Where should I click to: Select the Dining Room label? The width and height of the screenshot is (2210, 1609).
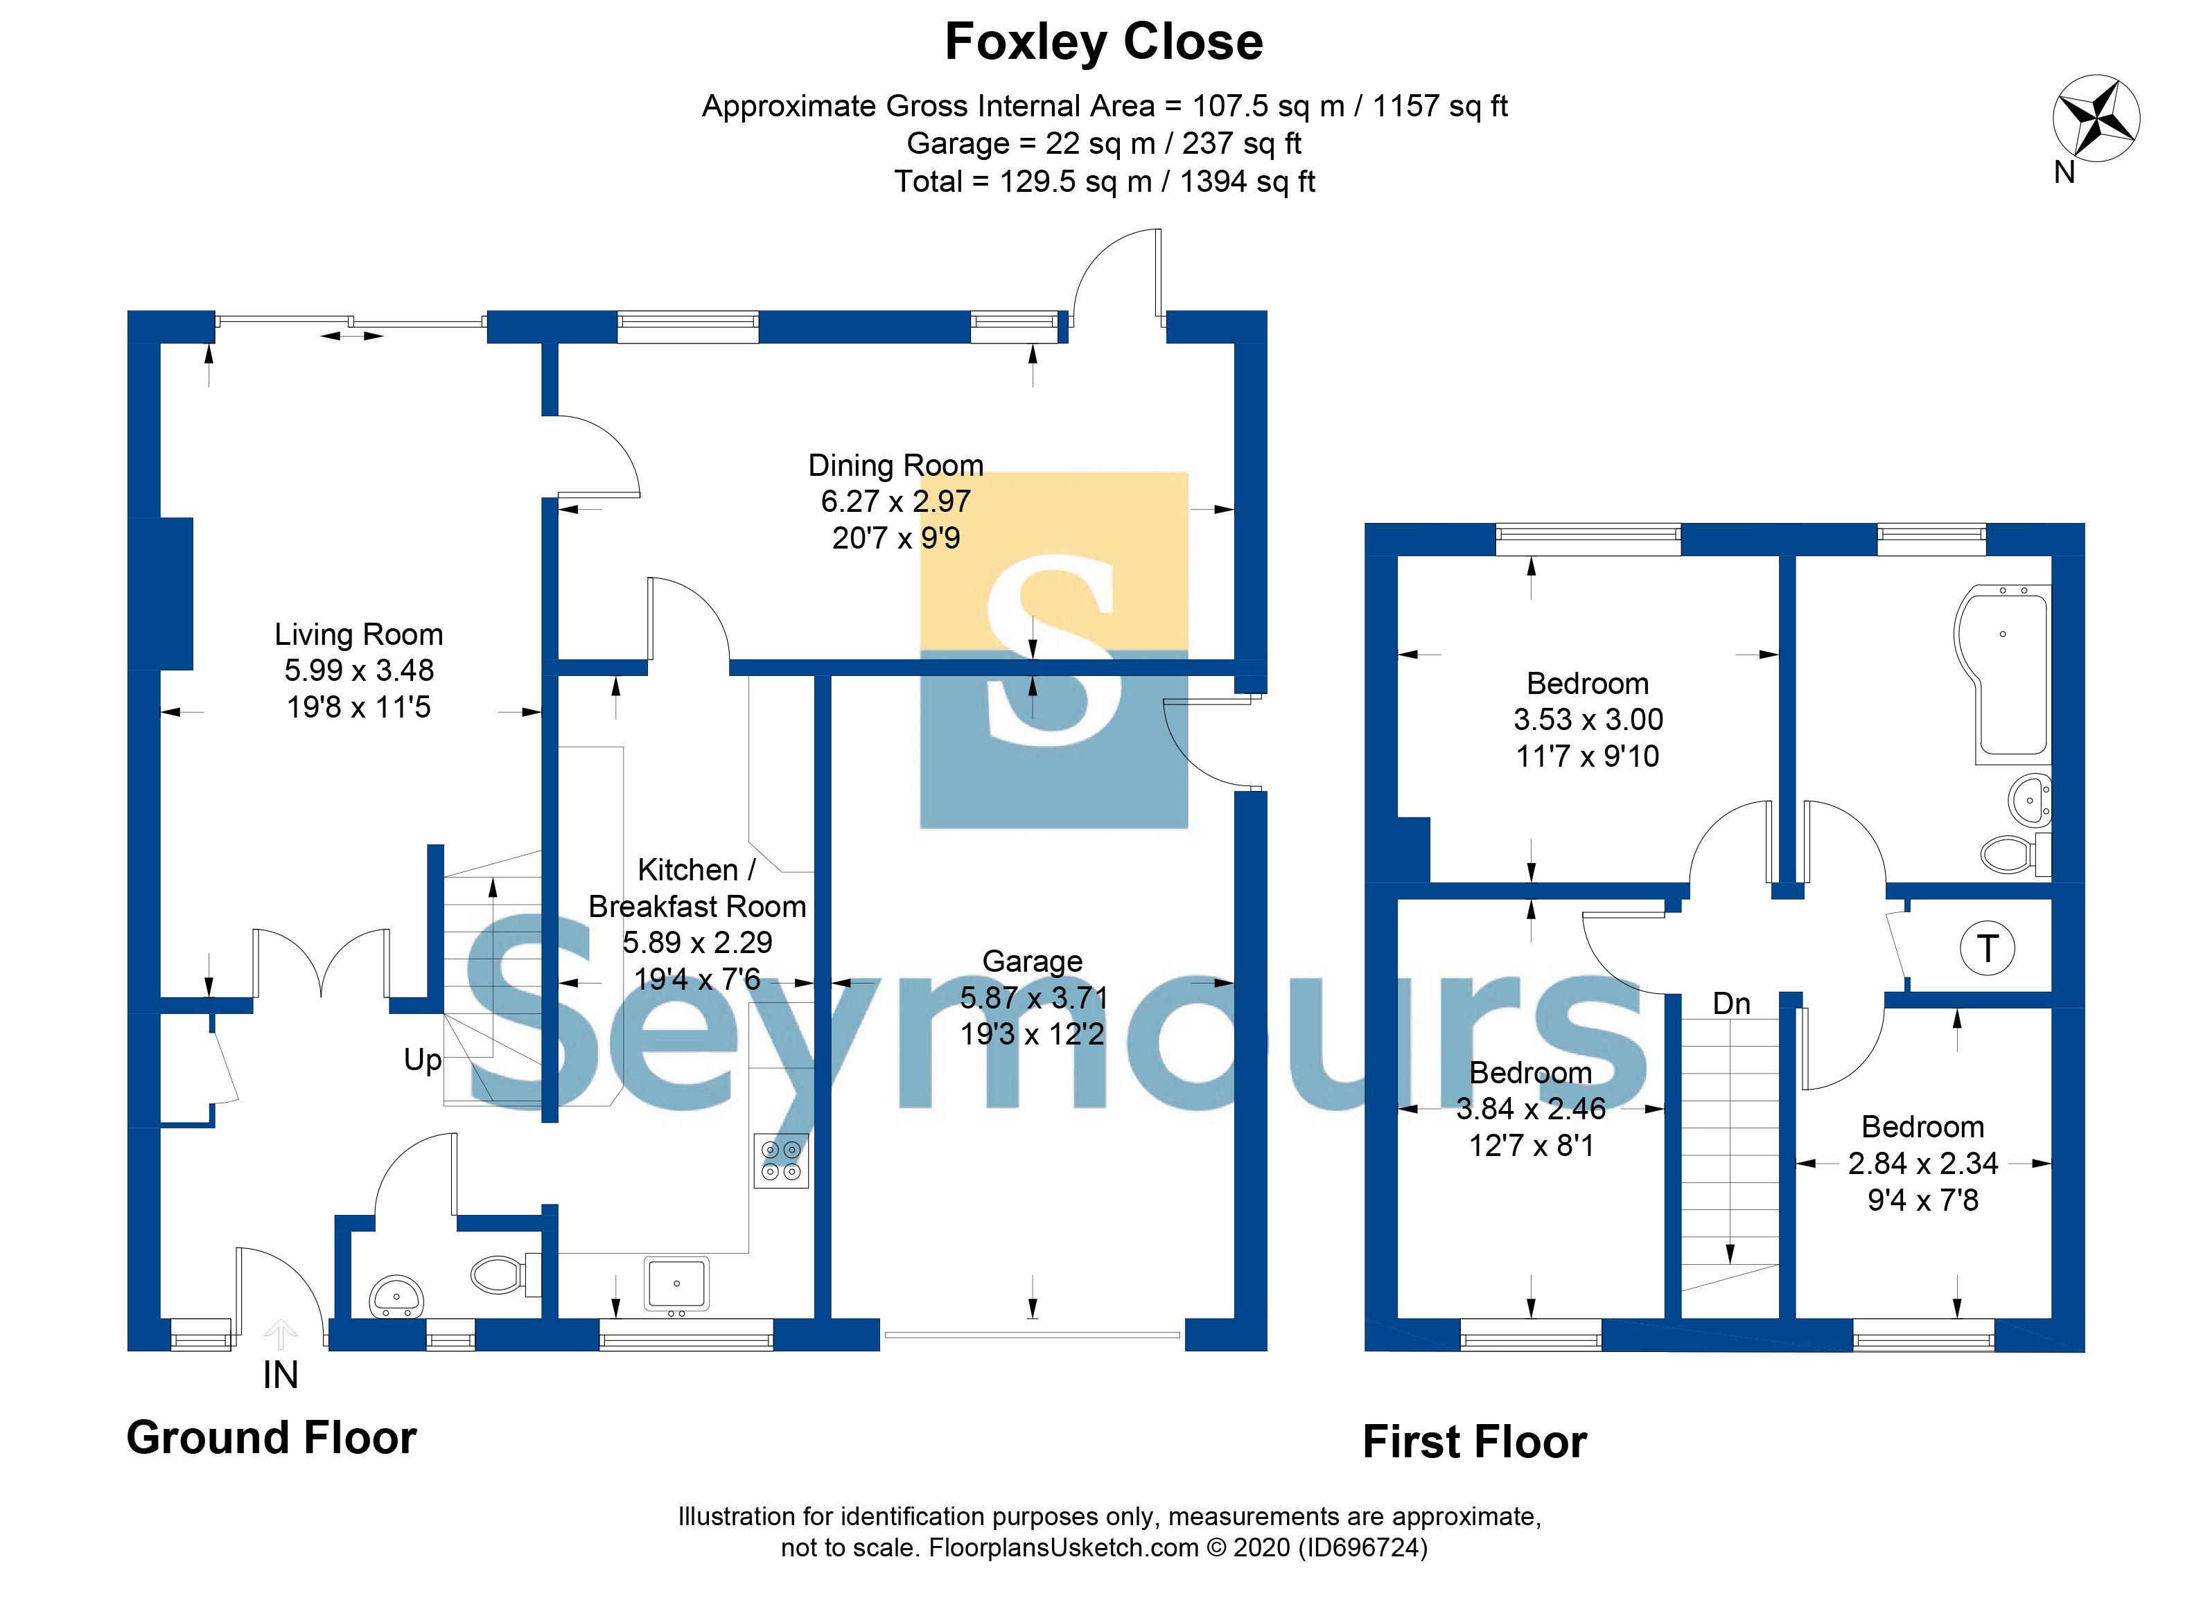895,465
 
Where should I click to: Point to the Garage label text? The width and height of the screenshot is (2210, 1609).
1032,961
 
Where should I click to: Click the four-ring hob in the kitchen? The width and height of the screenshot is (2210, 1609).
782,1160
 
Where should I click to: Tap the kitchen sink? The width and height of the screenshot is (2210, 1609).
676,1283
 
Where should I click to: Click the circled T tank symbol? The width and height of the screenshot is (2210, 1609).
1987,948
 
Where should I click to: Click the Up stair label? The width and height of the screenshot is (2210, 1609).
423,1060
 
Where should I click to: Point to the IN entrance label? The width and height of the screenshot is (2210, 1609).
281,1376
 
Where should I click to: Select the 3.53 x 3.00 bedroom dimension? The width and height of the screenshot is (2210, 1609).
1588,720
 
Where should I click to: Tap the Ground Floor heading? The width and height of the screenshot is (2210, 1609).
272,1438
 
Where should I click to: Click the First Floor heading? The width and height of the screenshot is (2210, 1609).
1474,1441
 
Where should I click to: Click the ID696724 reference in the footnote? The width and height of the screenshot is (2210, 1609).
1362,1547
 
